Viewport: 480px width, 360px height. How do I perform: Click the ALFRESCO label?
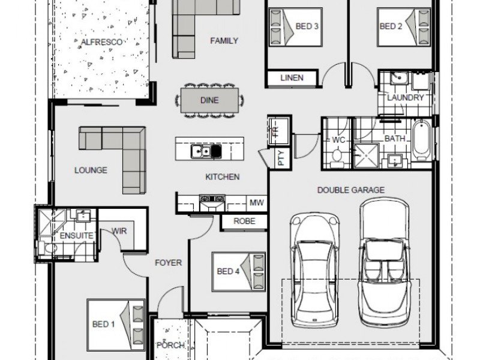tap(101, 42)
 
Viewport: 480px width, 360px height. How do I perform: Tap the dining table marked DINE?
tap(209, 100)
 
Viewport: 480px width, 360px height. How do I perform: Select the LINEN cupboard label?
tap(292, 78)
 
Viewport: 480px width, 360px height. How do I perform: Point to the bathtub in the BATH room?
tap(421, 140)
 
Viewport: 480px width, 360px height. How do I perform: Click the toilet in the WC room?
tap(337, 157)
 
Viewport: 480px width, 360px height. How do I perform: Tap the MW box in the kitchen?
tap(257, 202)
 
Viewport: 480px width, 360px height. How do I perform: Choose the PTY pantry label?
tap(281, 158)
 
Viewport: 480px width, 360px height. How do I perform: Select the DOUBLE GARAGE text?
tap(351, 190)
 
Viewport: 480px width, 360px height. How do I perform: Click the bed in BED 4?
tap(238, 272)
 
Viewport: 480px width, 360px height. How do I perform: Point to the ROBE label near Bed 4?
tap(244, 221)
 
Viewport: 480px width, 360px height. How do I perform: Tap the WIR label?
tap(119, 231)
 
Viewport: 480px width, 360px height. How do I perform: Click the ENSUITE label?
tap(76, 235)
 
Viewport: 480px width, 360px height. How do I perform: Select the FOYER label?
tap(168, 263)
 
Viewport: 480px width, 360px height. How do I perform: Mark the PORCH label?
tap(170, 346)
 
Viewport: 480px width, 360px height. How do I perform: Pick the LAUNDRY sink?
tap(399, 78)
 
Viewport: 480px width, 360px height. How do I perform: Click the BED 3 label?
tap(307, 26)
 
